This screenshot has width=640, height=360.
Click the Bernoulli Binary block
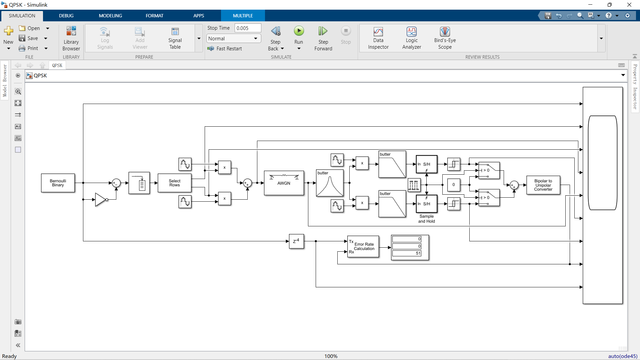click(58, 183)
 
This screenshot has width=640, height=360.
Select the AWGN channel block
click(284, 183)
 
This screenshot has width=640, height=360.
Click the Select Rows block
click(174, 183)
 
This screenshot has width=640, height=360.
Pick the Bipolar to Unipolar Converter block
click(543, 185)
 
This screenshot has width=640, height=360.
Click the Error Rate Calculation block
click(363, 247)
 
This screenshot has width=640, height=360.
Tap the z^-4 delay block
click(296, 241)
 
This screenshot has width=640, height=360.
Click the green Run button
click(299, 31)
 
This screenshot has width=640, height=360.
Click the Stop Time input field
click(248, 28)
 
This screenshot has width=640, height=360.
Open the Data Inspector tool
click(378, 38)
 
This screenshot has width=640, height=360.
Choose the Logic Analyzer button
click(412, 38)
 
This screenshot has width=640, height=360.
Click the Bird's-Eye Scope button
click(445, 38)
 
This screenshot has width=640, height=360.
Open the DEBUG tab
click(66, 16)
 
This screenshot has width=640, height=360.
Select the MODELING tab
click(110, 16)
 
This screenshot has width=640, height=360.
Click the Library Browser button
click(71, 38)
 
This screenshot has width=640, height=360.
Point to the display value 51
click(418, 253)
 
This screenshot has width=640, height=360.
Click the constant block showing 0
click(453, 185)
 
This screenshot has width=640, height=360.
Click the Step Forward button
click(323, 38)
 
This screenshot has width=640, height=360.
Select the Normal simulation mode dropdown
click(233, 38)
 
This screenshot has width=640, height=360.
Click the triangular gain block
click(101, 199)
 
